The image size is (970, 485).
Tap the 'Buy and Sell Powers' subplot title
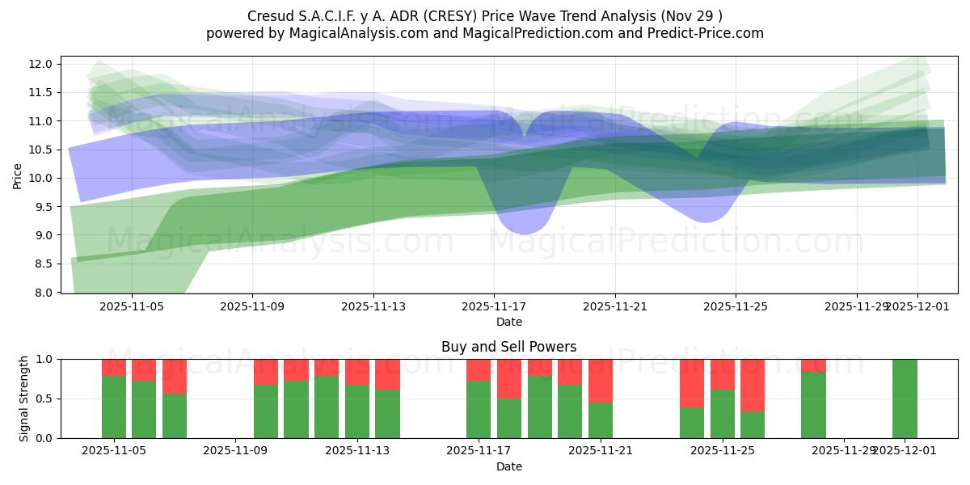point(508,347)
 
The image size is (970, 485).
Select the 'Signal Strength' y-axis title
point(24,399)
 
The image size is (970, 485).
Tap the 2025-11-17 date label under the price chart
point(494,307)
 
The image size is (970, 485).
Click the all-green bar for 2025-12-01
point(905,399)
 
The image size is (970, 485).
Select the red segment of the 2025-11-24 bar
point(691,382)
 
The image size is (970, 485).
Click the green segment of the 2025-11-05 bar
point(114,407)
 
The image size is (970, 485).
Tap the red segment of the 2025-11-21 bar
point(601,380)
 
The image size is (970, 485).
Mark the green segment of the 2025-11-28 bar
point(813,404)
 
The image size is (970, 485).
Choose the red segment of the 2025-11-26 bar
point(753,385)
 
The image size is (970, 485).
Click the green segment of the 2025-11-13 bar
point(356,411)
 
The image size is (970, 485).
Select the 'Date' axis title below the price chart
point(508,322)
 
